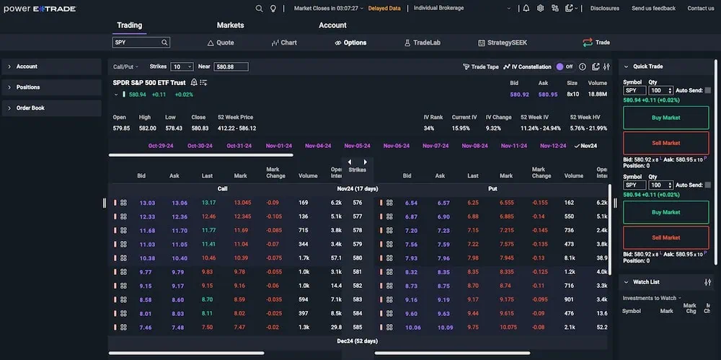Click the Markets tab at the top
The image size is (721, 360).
point(230,25)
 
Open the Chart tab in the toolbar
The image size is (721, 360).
point(284,43)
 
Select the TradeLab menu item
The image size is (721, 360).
point(426,43)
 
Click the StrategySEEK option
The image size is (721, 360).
point(504,43)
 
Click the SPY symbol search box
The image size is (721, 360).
point(137,43)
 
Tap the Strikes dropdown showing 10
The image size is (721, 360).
point(181,66)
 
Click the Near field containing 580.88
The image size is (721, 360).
point(231,66)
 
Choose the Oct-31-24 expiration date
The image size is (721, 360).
point(239,146)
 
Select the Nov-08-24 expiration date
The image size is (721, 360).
point(474,146)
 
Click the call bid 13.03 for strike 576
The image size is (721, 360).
point(147,203)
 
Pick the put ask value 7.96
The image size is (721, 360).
point(443,258)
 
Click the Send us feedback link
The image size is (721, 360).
point(653,9)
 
